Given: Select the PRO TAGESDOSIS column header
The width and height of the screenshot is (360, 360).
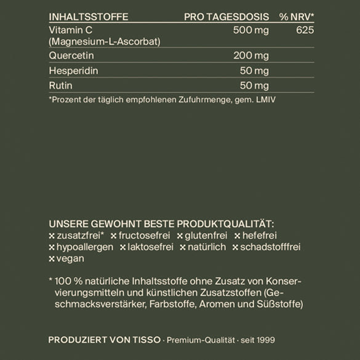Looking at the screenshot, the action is tap(226, 16).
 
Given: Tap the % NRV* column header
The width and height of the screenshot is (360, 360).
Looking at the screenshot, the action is tap(297, 16).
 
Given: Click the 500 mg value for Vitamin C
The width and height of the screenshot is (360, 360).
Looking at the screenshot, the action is tap(251, 30).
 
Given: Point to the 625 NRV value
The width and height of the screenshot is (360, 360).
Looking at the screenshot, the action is tap(305, 30).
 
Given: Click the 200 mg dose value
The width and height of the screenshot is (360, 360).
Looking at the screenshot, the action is tap(251, 56).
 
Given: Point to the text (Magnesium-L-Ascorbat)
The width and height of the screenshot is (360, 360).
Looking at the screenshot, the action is tap(104, 41).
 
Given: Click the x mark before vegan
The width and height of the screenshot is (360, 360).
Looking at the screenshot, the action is tap(51, 259).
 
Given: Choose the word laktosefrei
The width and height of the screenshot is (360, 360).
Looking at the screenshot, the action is tap(151, 247).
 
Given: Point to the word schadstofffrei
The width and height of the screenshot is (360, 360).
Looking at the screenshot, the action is tap(271, 247).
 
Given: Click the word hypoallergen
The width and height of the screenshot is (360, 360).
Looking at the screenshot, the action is tap(84, 247).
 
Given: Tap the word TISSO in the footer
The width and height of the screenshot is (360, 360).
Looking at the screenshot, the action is tap(148, 339).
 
